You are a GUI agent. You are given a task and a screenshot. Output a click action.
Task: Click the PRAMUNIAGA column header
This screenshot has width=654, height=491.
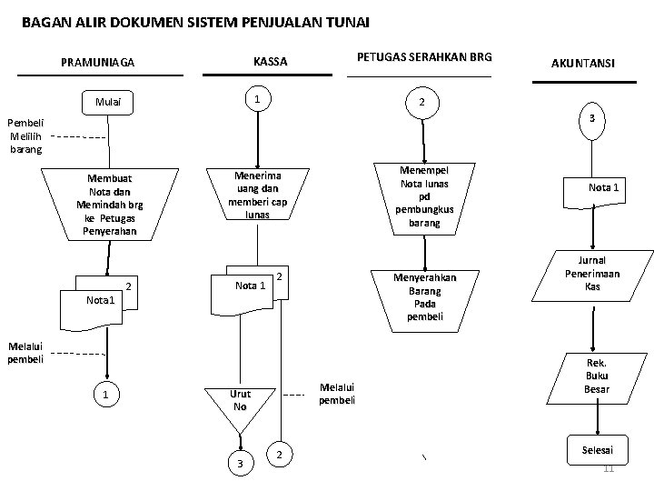tap(97, 64)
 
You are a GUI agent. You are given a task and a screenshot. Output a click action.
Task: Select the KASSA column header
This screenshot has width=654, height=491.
tap(270, 62)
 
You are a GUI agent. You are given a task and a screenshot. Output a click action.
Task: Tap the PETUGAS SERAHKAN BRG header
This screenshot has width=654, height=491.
tap(424, 57)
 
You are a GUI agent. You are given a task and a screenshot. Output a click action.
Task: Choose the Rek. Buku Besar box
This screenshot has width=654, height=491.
tap(597, 376)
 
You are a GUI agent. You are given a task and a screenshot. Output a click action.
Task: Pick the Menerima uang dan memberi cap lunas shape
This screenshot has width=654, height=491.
tap(258, 195)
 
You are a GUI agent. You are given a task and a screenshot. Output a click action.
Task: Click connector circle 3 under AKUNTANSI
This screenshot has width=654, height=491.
tap(591, 120)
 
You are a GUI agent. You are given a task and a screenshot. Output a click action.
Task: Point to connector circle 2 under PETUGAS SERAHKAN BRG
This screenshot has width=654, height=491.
tap(419, 104)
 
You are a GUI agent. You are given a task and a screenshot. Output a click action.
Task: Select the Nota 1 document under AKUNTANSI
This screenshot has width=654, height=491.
tap(603, 189)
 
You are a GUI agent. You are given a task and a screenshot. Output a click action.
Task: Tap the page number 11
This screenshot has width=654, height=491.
tap(609, 468)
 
